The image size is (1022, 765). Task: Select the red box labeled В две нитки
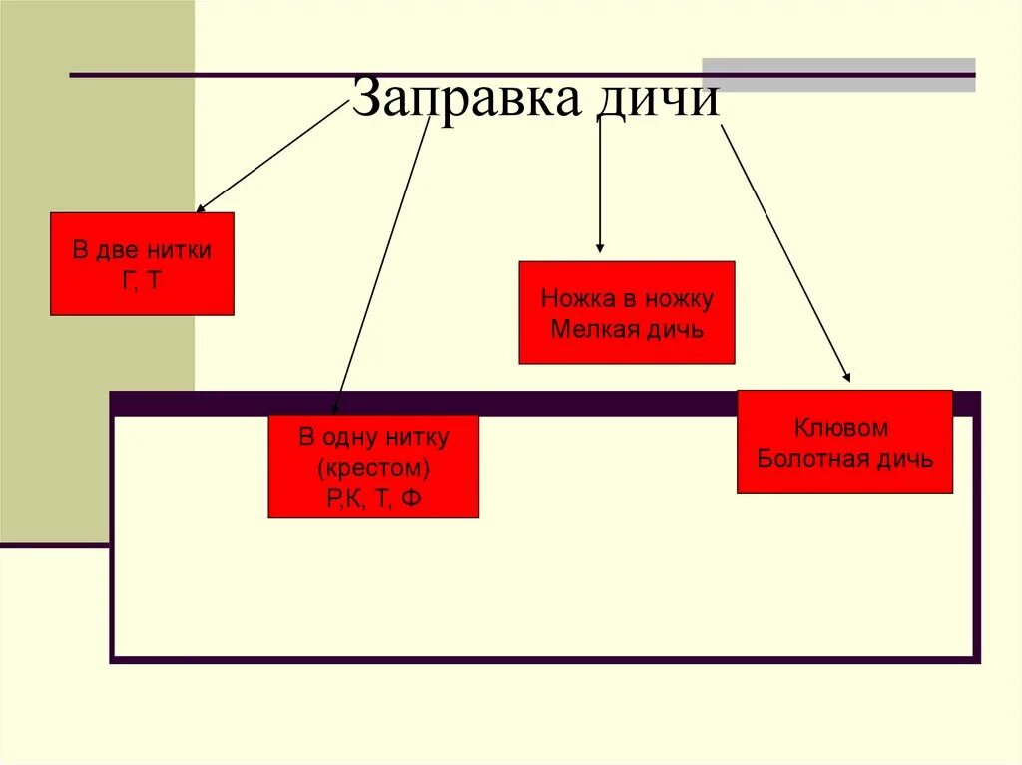point(142,264)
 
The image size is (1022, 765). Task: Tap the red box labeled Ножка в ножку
point(627,312)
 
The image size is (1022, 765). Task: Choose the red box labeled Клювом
point(844,442)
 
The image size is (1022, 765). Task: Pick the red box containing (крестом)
point(373,466)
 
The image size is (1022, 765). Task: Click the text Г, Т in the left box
point(142,280)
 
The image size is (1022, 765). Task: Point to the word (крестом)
point(374,467)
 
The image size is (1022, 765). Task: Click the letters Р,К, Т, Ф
point(374,498)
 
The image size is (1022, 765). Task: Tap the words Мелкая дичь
point(627,329)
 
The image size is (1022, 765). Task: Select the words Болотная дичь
point(845,459)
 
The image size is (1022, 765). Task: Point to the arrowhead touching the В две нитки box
point(201,207)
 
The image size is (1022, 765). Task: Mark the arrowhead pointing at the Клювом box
point(847,378)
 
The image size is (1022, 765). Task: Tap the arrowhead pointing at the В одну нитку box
point(335,407)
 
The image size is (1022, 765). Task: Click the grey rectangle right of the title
point(838,75)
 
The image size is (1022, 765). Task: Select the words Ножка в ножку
point(627,298)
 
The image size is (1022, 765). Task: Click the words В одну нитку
point(374,436)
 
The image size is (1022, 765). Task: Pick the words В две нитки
point(142,249)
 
